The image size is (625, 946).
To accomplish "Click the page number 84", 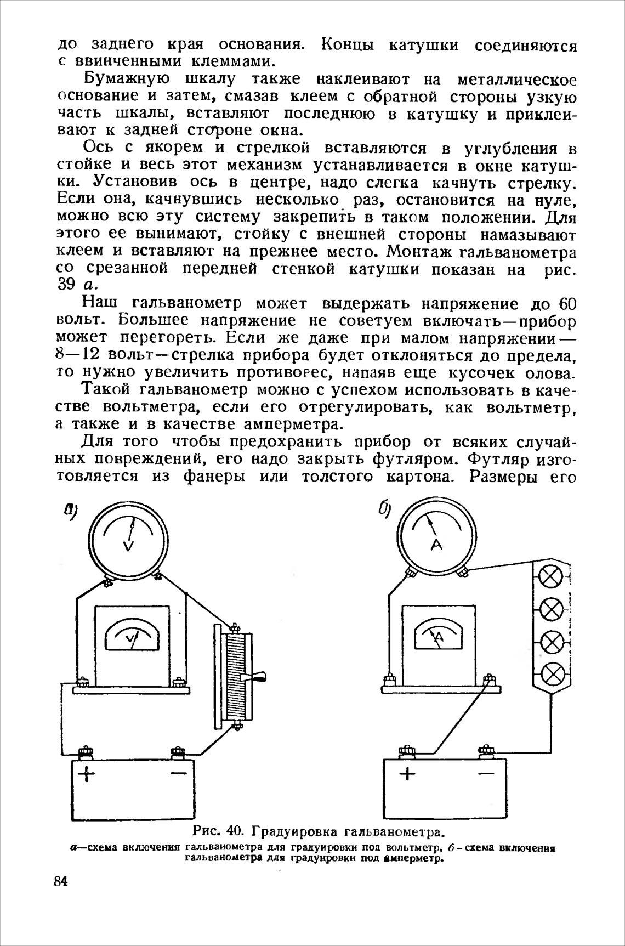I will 60,882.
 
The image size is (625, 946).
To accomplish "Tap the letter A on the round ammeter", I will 436,544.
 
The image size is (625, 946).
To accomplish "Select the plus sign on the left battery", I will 87,775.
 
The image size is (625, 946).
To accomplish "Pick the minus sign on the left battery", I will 178,773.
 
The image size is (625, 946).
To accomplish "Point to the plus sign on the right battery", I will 407,774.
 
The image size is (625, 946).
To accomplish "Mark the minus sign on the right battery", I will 485,774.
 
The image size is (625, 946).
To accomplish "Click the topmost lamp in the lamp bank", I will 552,576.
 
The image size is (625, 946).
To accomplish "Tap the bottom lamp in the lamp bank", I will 552,672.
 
